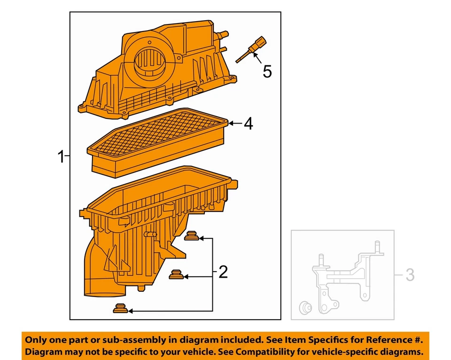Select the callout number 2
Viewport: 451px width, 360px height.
[223, 272]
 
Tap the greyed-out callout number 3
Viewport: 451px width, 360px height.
[410, 275]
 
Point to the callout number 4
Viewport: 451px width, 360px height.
[248, 124]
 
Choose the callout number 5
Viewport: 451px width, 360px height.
[267, 72]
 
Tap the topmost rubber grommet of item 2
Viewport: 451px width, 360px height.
[191, 235]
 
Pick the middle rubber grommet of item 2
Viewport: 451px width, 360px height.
[176, 274]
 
